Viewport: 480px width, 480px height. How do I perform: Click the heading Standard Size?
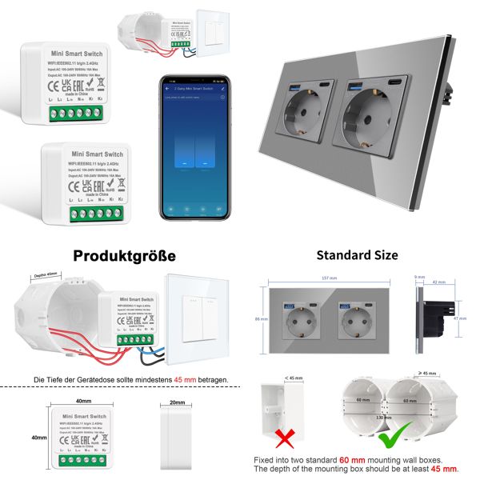(x=357, y=256)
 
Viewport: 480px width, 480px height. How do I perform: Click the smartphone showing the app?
(x=192, y=149)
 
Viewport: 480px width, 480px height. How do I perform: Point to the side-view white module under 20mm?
(x=177, y=436)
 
